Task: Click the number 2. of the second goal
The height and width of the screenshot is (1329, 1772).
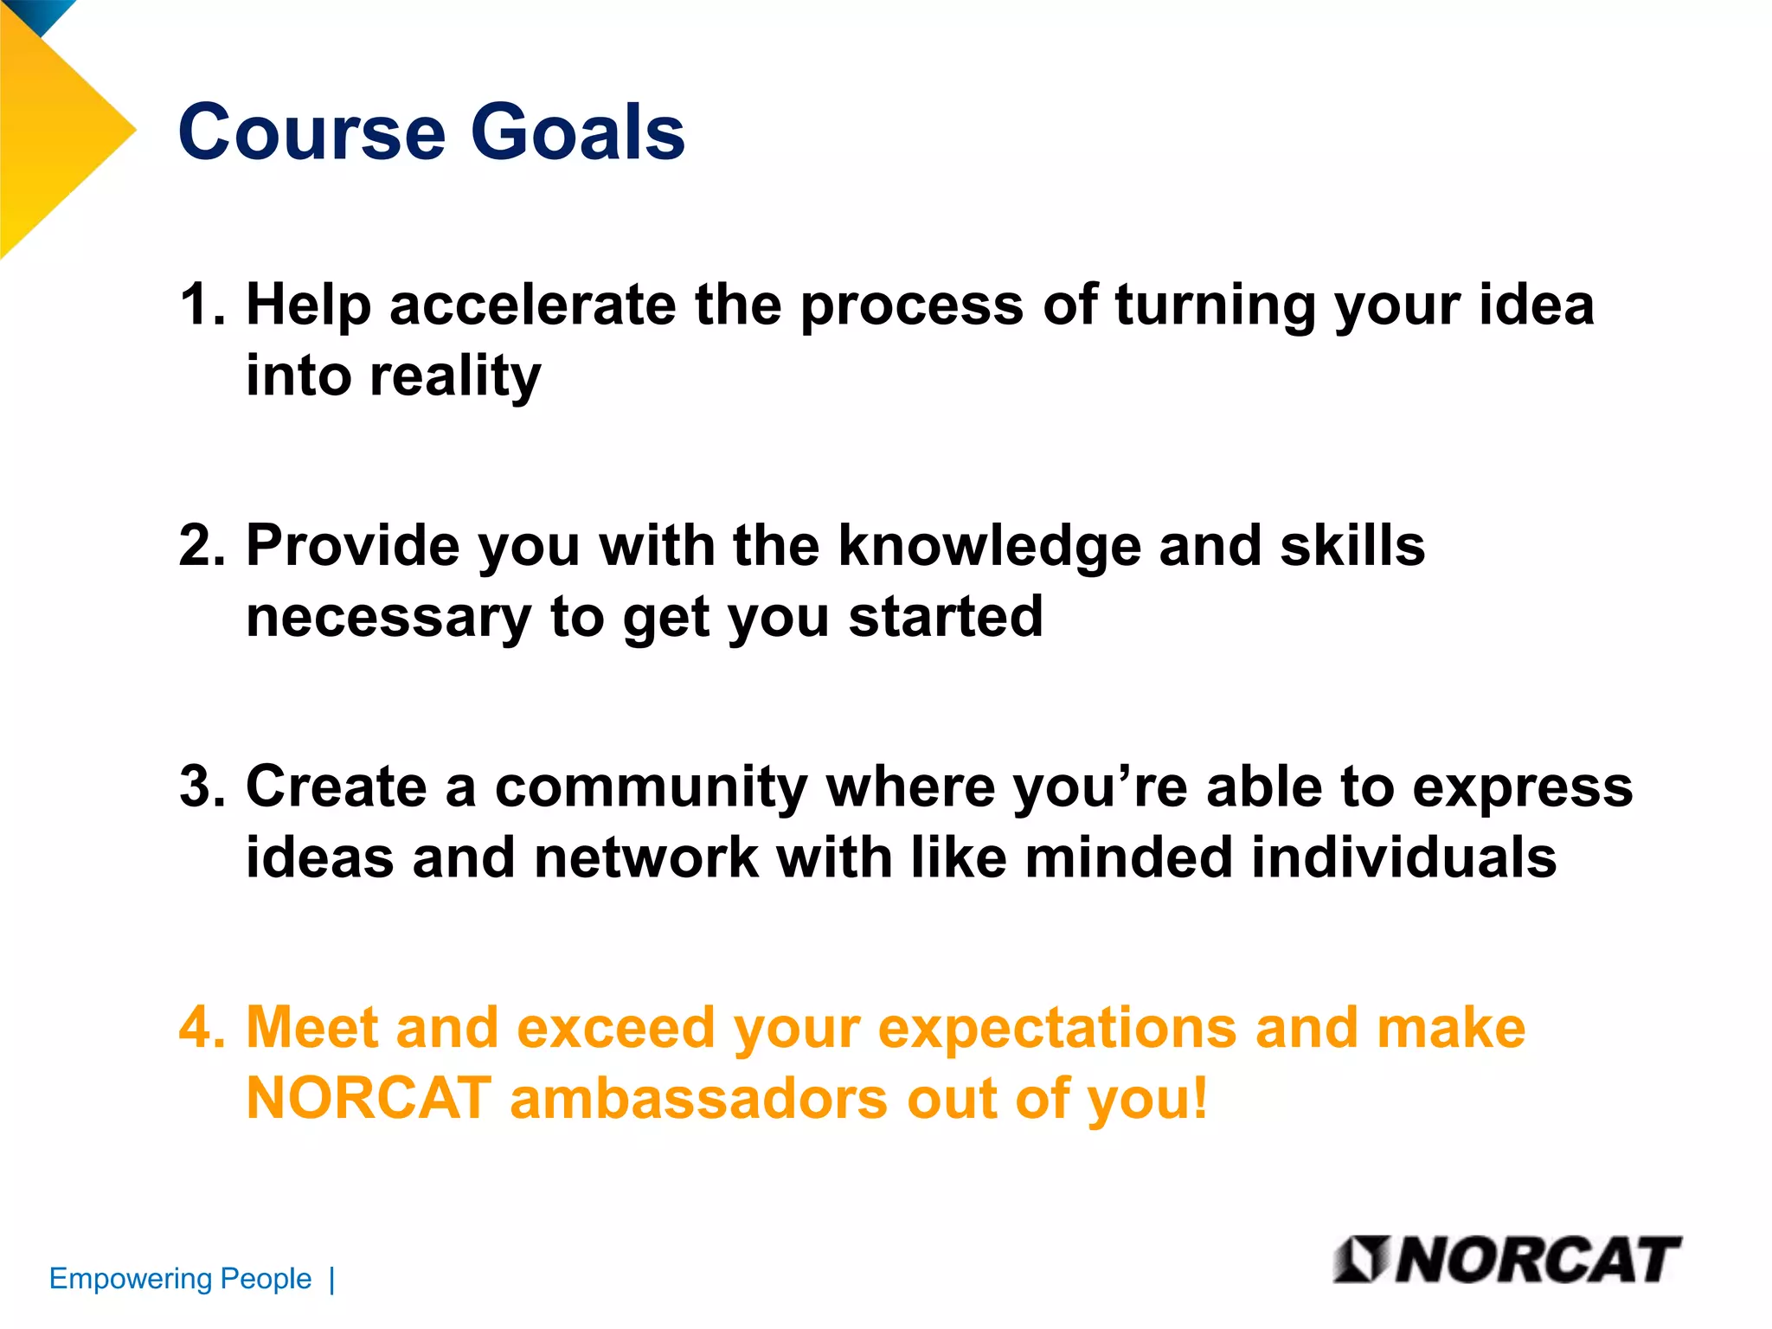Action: click(x=201, y=546)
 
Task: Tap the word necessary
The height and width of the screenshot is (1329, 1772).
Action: click(x=388, y=618)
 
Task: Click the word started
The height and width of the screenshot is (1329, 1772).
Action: click(x=946, y=618)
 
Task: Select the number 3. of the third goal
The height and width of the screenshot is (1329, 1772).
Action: click(x=201, y=786)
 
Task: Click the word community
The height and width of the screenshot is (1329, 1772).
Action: click(x=651, y=788)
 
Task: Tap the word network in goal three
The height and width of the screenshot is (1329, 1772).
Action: click(x=645, y=857)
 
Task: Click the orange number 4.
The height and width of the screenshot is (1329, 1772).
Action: click(x=201, y=1027)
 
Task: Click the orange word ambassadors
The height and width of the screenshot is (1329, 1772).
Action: click(x=699, y=1098)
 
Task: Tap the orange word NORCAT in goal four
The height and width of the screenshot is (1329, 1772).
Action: click(x=369, y=1098)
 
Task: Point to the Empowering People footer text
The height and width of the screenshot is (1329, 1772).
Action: click(x=180, y=1279)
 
